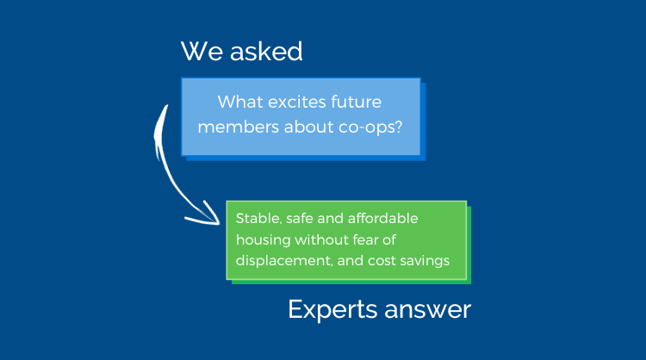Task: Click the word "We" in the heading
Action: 202,52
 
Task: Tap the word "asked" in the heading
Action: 266,51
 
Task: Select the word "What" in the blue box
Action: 240,102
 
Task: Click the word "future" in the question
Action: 357,102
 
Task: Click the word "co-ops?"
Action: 370,127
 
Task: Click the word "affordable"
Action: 382,218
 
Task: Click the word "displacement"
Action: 284,261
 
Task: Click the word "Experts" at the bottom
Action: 332,310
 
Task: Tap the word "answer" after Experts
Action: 427,311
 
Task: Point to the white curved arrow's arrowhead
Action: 209,216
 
